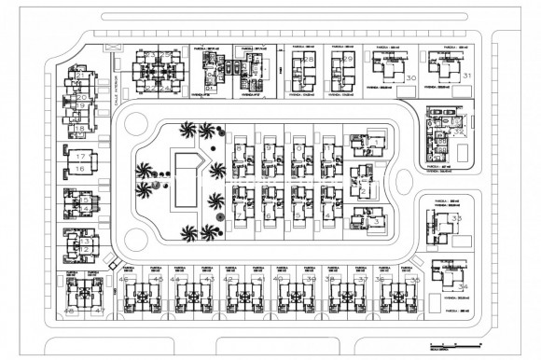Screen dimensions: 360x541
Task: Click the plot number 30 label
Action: [x=411, y=79]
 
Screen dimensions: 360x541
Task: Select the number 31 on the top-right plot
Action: [x=466, y=76]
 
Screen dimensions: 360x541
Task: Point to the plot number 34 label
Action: [x=463, y=288]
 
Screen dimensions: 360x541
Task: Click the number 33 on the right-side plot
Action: [x=456, y=218]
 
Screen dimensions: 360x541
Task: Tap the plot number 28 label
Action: [x=309, y=59]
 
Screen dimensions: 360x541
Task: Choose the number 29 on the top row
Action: [x=349, y=59]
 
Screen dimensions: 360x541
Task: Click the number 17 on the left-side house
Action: [x=81, y=156]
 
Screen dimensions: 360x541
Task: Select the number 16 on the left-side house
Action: [x=81, y=169]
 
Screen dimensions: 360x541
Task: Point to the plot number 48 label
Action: [x=69, y=311]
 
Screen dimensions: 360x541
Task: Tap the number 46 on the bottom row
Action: [x=124, y=279]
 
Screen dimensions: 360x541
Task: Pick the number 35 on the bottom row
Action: [x=415, y=279]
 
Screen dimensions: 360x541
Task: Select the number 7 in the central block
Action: [x=241, y=215]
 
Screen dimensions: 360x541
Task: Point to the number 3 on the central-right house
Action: [x=374, y=221]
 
